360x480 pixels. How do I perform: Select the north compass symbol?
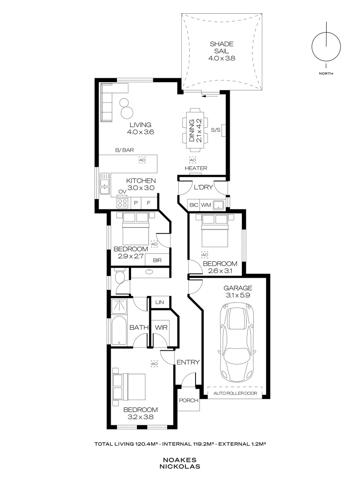[327, 46]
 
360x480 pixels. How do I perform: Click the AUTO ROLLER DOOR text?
[235, 393]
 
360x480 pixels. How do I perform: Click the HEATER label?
[196, 168]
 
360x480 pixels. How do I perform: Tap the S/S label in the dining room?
[216, 130]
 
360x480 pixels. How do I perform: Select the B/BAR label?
[124, 151]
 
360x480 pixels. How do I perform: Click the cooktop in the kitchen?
[123, 203]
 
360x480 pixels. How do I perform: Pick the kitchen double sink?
[105, 184]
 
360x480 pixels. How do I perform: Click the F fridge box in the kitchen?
[149, 203]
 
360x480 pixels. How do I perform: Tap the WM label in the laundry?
[205, 205]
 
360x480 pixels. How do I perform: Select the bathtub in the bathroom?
[120, 331]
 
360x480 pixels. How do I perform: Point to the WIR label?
[160, 328]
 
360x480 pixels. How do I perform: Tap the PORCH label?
[188, 400]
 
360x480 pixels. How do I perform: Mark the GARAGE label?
[238, 288]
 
